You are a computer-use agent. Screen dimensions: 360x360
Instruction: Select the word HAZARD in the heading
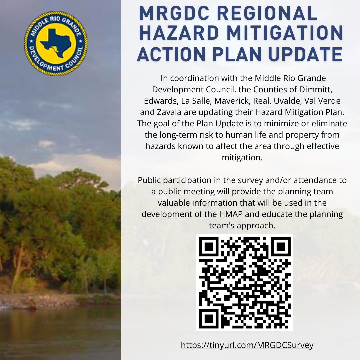pyautogui.click(x=179, y=33)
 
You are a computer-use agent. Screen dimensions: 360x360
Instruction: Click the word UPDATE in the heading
pyautogui.click(x=305, y=54)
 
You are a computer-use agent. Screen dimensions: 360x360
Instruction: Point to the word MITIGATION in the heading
pyautogui.click(x=285, y=33)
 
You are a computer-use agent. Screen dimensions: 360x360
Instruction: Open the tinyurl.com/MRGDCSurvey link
pyautogui.click(x=247, y=345)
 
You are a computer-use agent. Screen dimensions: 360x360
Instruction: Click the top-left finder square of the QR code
pyautogui.click(x=209, y=247)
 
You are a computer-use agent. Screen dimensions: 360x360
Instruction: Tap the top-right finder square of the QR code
pyautogui.click(x=281, y=247)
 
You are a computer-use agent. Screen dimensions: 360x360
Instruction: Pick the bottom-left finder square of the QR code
pyautogui.click(x=209, y=319)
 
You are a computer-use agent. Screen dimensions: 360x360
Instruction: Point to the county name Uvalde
pyautogui.click(x=287, y=101)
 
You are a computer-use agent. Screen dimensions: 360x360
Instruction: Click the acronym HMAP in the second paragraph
pyautogui.click(x=231, y=214)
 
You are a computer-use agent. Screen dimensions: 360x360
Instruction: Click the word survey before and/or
pyautogui.click(x=250, y=180)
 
